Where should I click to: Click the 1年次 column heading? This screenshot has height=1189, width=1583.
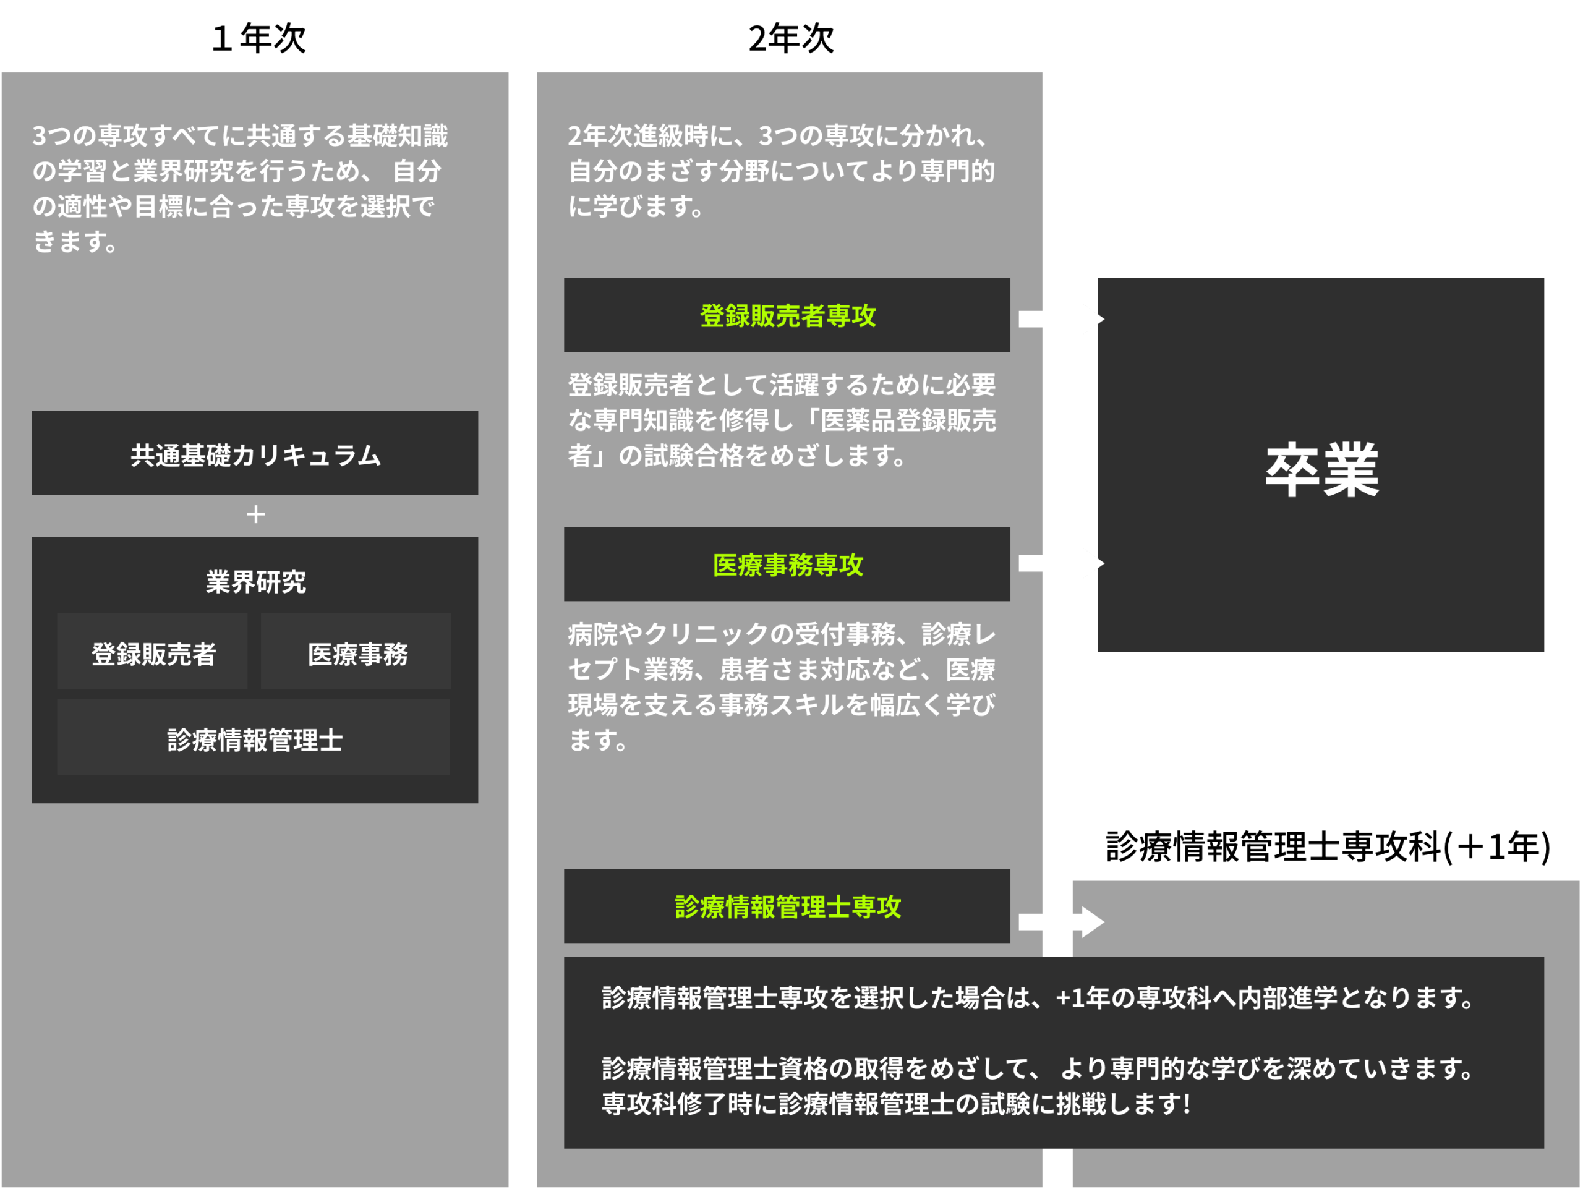(258, 37)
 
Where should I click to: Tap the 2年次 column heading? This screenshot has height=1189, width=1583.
(791, 37)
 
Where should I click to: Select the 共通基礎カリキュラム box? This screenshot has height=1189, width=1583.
(255, 454)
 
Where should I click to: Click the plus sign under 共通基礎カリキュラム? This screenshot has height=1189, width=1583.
(255, 514)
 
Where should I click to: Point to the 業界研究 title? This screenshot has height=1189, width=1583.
(255, 582)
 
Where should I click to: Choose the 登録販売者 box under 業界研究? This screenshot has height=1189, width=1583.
(153, 653)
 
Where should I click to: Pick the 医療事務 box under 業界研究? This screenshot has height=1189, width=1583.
(357, 653)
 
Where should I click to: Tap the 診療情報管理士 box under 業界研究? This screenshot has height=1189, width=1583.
(254, 739)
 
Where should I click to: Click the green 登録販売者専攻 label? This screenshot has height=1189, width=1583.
(787, 315)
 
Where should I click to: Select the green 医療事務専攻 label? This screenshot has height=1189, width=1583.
(787, 565)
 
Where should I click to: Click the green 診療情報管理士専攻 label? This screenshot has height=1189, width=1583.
(787, 906)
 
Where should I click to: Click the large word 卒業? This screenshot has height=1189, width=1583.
(1321, 469)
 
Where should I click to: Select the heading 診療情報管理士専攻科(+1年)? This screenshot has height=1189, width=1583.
(1328, 846)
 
